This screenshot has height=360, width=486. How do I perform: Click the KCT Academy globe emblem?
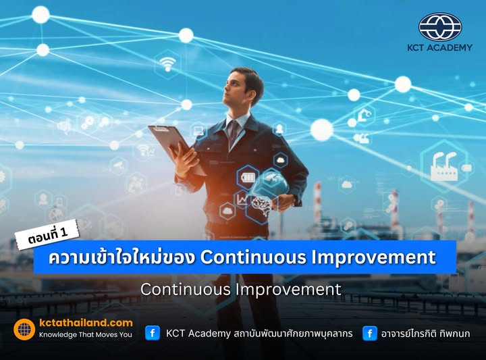tap(439, 27)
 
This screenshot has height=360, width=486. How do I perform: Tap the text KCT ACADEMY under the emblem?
tap(439, 48)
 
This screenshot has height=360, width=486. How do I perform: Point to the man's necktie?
tap(233, 131)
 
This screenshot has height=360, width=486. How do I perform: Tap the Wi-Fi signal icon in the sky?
tap(167, 64)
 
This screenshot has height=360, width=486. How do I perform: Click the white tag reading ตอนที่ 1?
tap(49, 238)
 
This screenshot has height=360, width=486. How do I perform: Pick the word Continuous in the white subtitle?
tap(185, 289)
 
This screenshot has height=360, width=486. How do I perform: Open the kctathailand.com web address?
tap(86, 323)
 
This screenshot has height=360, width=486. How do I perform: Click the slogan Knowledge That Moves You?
tap(86, 334)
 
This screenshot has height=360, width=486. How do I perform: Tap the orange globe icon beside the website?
tap(24, 329)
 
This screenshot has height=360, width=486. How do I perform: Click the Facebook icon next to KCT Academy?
tap(153, 333)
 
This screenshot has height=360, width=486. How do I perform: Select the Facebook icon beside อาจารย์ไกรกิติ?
tap(369, 333)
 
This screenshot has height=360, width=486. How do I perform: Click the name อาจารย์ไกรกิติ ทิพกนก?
tap(426, 333)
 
